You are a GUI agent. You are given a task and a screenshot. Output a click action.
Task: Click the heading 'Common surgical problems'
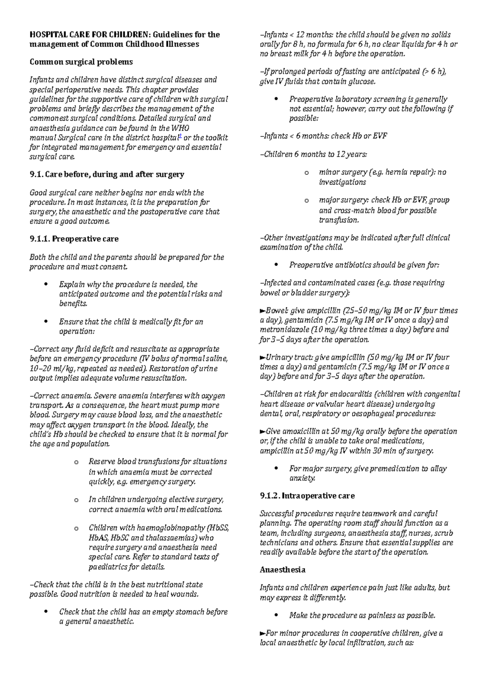(81, 62)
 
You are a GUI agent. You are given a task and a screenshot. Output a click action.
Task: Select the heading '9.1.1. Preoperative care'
(74, 239)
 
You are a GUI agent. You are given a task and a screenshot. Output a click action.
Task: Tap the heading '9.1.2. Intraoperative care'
(307, 496)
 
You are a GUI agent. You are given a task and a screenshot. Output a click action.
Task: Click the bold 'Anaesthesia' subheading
(282, 569)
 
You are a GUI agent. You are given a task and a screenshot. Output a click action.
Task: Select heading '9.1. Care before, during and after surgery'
(107, 174)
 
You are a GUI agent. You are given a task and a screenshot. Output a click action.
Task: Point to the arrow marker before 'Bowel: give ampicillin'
(262, 311)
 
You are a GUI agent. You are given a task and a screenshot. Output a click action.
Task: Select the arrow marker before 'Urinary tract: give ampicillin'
(262, 357)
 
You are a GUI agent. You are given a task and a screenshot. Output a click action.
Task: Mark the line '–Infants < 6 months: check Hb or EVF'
(323, 136)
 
